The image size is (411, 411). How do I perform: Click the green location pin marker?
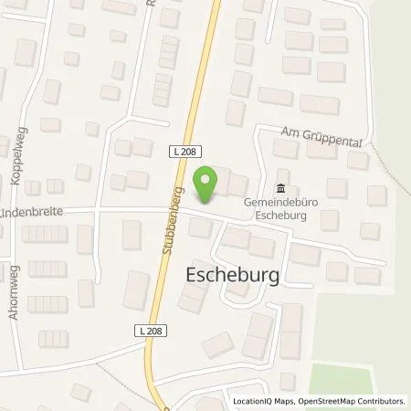point(207,183)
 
